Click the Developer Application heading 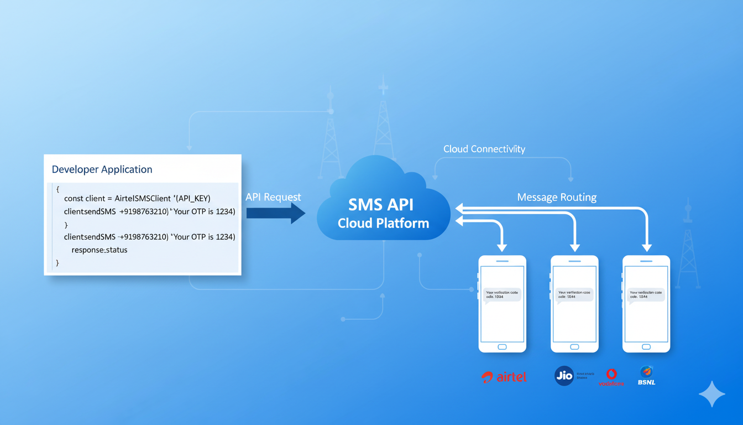tap(102, 169)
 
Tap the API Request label tap(273, 197)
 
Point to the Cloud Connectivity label tap(484, 149)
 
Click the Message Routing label tap(556, 197)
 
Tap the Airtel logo tap(504, 377)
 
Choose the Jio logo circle tap(564, 376)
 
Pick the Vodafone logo tap(611, 377)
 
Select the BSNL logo tap(646, 375)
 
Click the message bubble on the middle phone tap(574, 294)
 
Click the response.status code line tap(100, 250)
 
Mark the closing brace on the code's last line tap(57, 263)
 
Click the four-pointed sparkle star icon tap(712, 394)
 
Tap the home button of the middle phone tap(574, 347)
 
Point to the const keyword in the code tap(74, 199)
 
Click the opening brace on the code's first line tap(57, 189)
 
